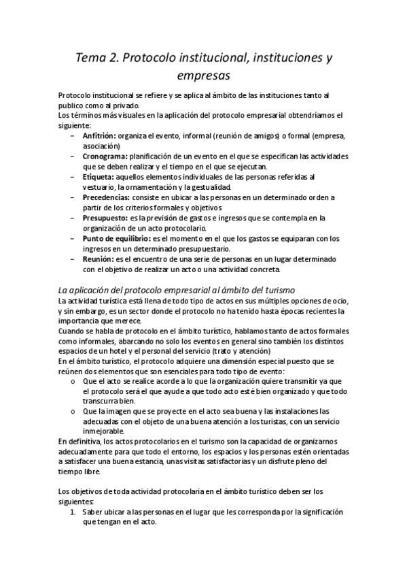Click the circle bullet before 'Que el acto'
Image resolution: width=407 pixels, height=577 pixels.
[73, 382]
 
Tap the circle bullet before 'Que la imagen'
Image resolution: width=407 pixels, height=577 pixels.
[73, 412]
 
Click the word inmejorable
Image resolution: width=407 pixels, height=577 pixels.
[103, 432]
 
